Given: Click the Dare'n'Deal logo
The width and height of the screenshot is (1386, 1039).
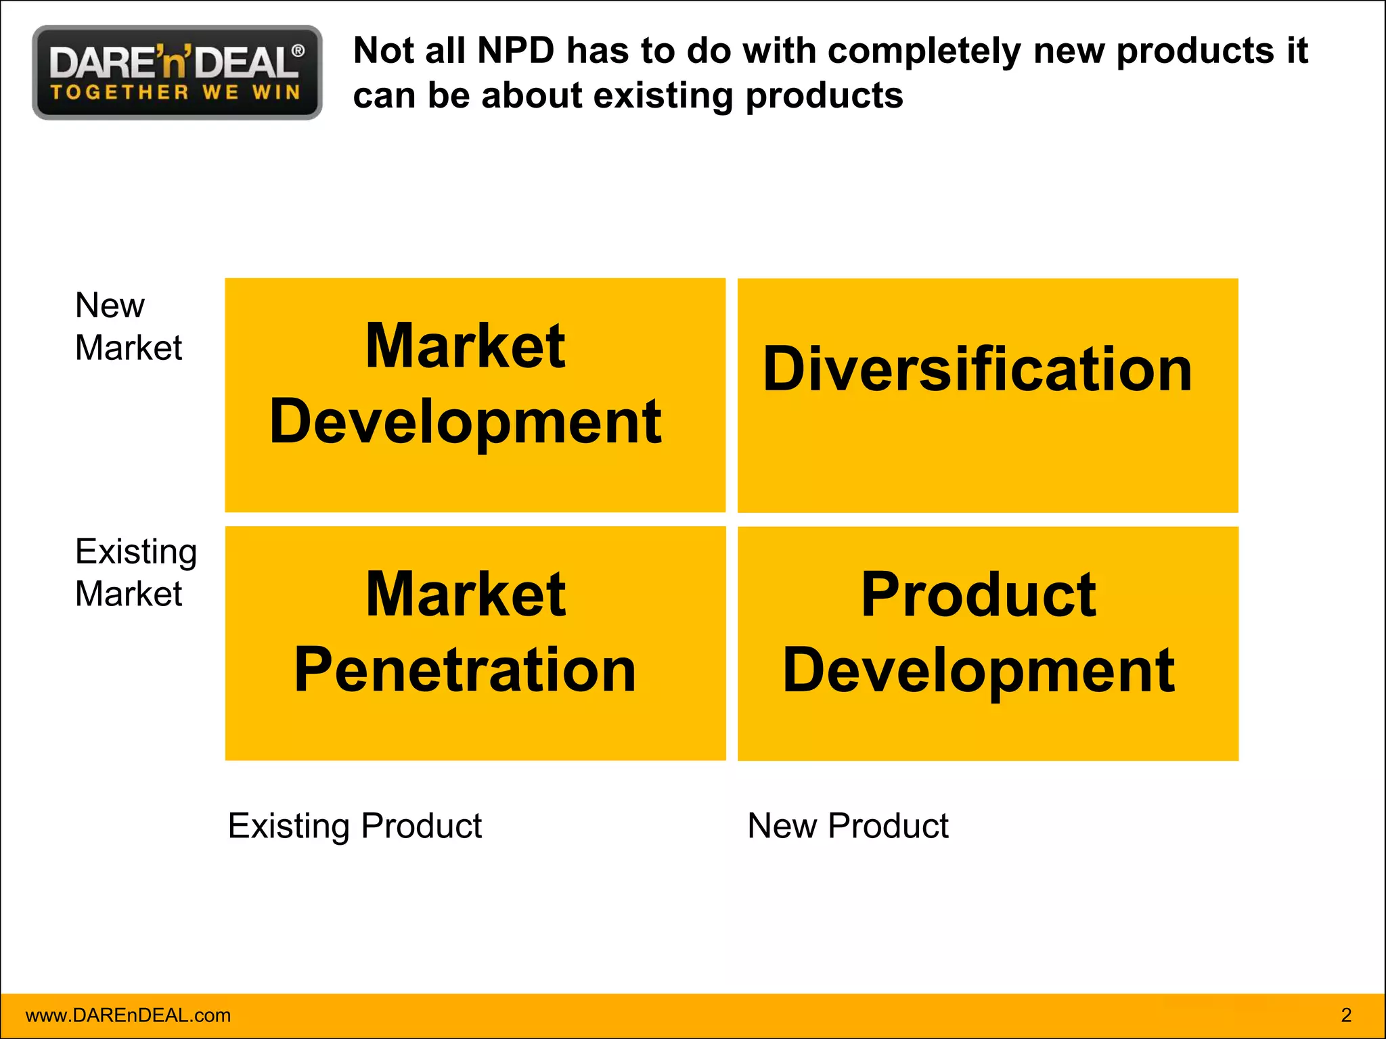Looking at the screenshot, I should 177,72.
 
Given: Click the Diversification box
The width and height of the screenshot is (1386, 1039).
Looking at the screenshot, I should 987,395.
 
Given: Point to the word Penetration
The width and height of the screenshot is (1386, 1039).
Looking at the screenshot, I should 465,670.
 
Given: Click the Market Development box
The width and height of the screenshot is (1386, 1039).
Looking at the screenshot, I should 474,395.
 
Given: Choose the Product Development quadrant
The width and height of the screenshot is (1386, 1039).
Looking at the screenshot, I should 987,643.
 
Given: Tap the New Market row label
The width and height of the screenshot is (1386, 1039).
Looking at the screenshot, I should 128,326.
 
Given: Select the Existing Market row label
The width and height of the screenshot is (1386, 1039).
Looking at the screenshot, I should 135,572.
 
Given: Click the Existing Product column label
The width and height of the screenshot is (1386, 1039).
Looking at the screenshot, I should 355,826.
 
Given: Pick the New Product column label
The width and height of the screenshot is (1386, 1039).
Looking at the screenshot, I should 847,826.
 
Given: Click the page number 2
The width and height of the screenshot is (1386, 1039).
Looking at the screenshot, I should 1345,1015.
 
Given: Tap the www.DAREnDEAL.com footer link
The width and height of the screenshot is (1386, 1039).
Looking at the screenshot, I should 128,1015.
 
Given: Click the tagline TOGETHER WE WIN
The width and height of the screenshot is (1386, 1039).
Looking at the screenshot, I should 175,92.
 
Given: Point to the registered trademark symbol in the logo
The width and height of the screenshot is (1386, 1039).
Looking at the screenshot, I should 297,51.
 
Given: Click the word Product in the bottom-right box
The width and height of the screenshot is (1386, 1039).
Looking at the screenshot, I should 978,595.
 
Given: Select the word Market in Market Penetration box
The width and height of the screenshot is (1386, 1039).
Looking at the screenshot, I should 465,595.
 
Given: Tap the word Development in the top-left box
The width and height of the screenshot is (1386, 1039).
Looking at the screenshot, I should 465,422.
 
